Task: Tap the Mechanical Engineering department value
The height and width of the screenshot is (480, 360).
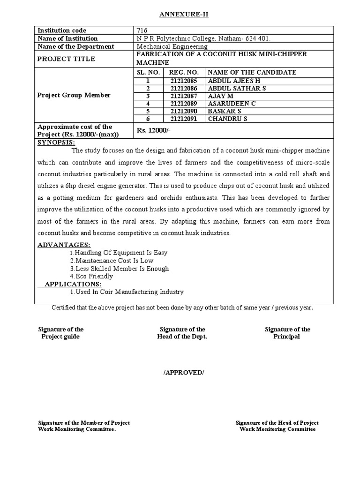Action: [172, 46]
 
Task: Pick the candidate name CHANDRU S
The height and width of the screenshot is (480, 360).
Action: [227, 119]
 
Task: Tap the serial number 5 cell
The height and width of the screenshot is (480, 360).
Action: [148, 112]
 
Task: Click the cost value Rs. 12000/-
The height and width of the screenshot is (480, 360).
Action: [153, 131]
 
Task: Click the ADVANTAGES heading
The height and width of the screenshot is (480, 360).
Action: [64, 245]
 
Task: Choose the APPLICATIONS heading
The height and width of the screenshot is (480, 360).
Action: [73, 284]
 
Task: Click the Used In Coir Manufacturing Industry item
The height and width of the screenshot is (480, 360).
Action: [127, 292]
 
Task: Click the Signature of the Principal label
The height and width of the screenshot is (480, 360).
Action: [287, 333]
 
